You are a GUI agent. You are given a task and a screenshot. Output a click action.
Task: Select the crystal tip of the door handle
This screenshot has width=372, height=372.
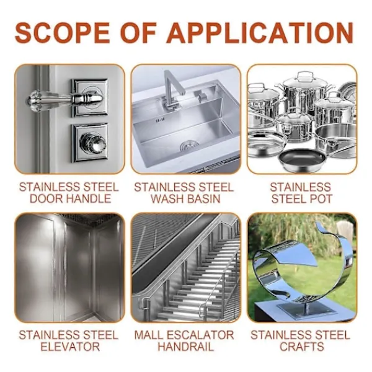[32, 100]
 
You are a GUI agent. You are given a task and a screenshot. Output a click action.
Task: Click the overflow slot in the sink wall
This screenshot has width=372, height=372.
[160, 121]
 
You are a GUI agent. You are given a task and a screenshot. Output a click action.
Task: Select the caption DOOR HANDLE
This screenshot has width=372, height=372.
[70, 198]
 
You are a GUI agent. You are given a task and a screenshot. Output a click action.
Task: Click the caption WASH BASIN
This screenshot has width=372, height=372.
[185, 198]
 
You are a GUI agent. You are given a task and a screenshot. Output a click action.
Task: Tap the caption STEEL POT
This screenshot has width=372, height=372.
[301, 198]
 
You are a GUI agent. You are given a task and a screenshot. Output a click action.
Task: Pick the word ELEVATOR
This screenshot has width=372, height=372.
[70, 347]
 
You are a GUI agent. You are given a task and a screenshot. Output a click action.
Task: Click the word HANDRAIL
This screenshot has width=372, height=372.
[186, 347]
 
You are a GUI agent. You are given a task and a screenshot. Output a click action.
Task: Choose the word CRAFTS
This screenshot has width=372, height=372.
[301, 347]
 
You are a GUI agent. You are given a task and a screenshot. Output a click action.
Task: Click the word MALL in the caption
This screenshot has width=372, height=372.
[149, 335]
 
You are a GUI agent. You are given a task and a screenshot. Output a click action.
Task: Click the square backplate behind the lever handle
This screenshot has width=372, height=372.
[90, 98]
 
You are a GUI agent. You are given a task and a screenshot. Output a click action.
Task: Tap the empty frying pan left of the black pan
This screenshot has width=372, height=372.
[266, 144]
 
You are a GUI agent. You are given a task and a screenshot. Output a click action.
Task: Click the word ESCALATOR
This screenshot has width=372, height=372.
[200, 335]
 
